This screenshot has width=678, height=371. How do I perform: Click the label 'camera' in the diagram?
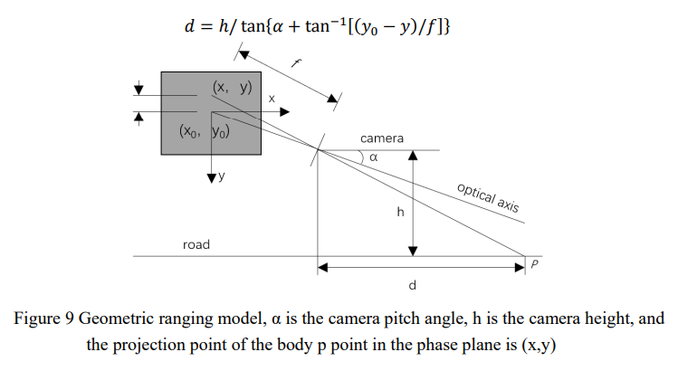tap(382, 138)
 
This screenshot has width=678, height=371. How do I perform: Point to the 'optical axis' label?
tap(489, 197)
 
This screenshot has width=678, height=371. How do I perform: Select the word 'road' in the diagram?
tap(196, 244)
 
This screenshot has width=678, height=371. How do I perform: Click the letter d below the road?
tap(412, 285)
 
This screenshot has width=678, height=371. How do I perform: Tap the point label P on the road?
tap(535, 265)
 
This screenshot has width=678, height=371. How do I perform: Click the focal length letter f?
tap(297, 64)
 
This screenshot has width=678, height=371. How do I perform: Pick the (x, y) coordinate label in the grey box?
tap(232, 88)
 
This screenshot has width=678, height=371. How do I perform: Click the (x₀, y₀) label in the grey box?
tap(206, 130)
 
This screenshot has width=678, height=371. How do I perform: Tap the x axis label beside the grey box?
tap(272, 97)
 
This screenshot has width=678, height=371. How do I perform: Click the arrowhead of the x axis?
tap(285, 111)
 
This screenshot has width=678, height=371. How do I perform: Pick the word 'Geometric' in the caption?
tap(114, 319)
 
